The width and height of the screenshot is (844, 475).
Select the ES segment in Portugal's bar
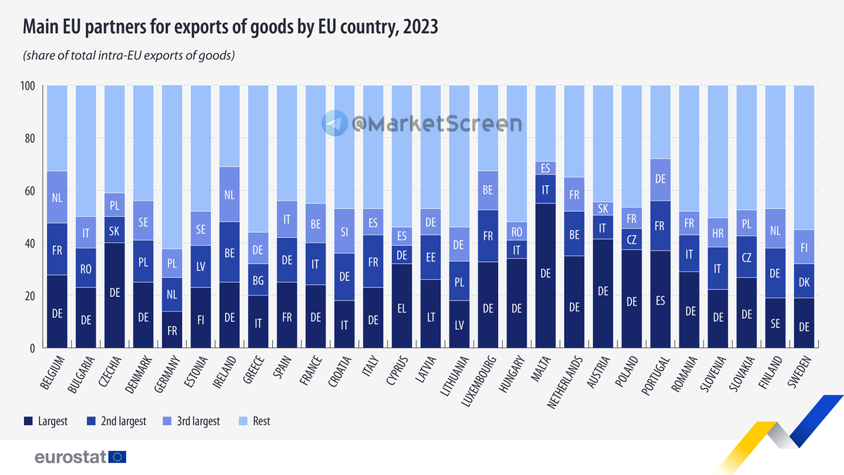tap(661, 299)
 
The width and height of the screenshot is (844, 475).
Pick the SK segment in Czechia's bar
tap(114, 230)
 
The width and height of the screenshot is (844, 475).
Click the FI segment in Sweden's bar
tap(805, 247)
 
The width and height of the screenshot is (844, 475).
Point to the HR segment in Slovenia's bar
tap(718, 232)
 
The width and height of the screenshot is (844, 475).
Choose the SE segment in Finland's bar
tap(776, 322)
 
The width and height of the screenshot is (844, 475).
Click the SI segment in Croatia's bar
tap(344, 231)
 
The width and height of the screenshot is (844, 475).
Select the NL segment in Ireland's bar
tap(229, 194)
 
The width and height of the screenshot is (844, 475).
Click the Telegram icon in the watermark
tap(335, 123)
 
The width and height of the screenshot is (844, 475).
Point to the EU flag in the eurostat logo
tap(117, 457)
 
